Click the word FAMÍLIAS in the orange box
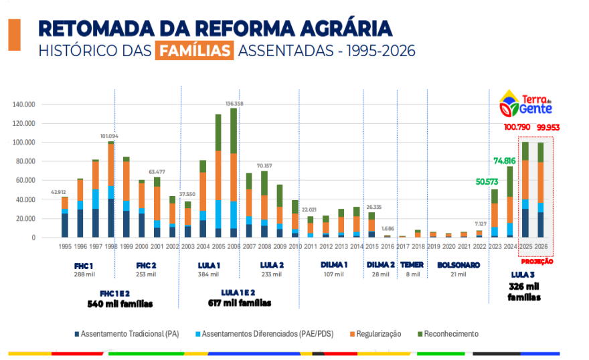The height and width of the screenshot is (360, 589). click(x=194, y=51)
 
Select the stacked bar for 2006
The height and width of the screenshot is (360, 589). click(x=234, y=173)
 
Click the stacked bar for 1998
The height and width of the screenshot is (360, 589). click(x=110, y=189)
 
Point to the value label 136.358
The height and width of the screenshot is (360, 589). click(x=234, y=104)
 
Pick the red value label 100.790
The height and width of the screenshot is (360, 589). click(x=519, y=127)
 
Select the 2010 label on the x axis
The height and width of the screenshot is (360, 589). click(x=295, y=247)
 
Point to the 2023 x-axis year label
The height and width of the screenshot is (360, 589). click(x=495, y=247)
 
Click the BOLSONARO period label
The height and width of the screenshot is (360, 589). click(x=458, y=265)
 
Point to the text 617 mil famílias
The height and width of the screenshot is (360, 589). click(x=240, y=303)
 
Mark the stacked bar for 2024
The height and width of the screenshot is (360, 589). click(x=510, y=201)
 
